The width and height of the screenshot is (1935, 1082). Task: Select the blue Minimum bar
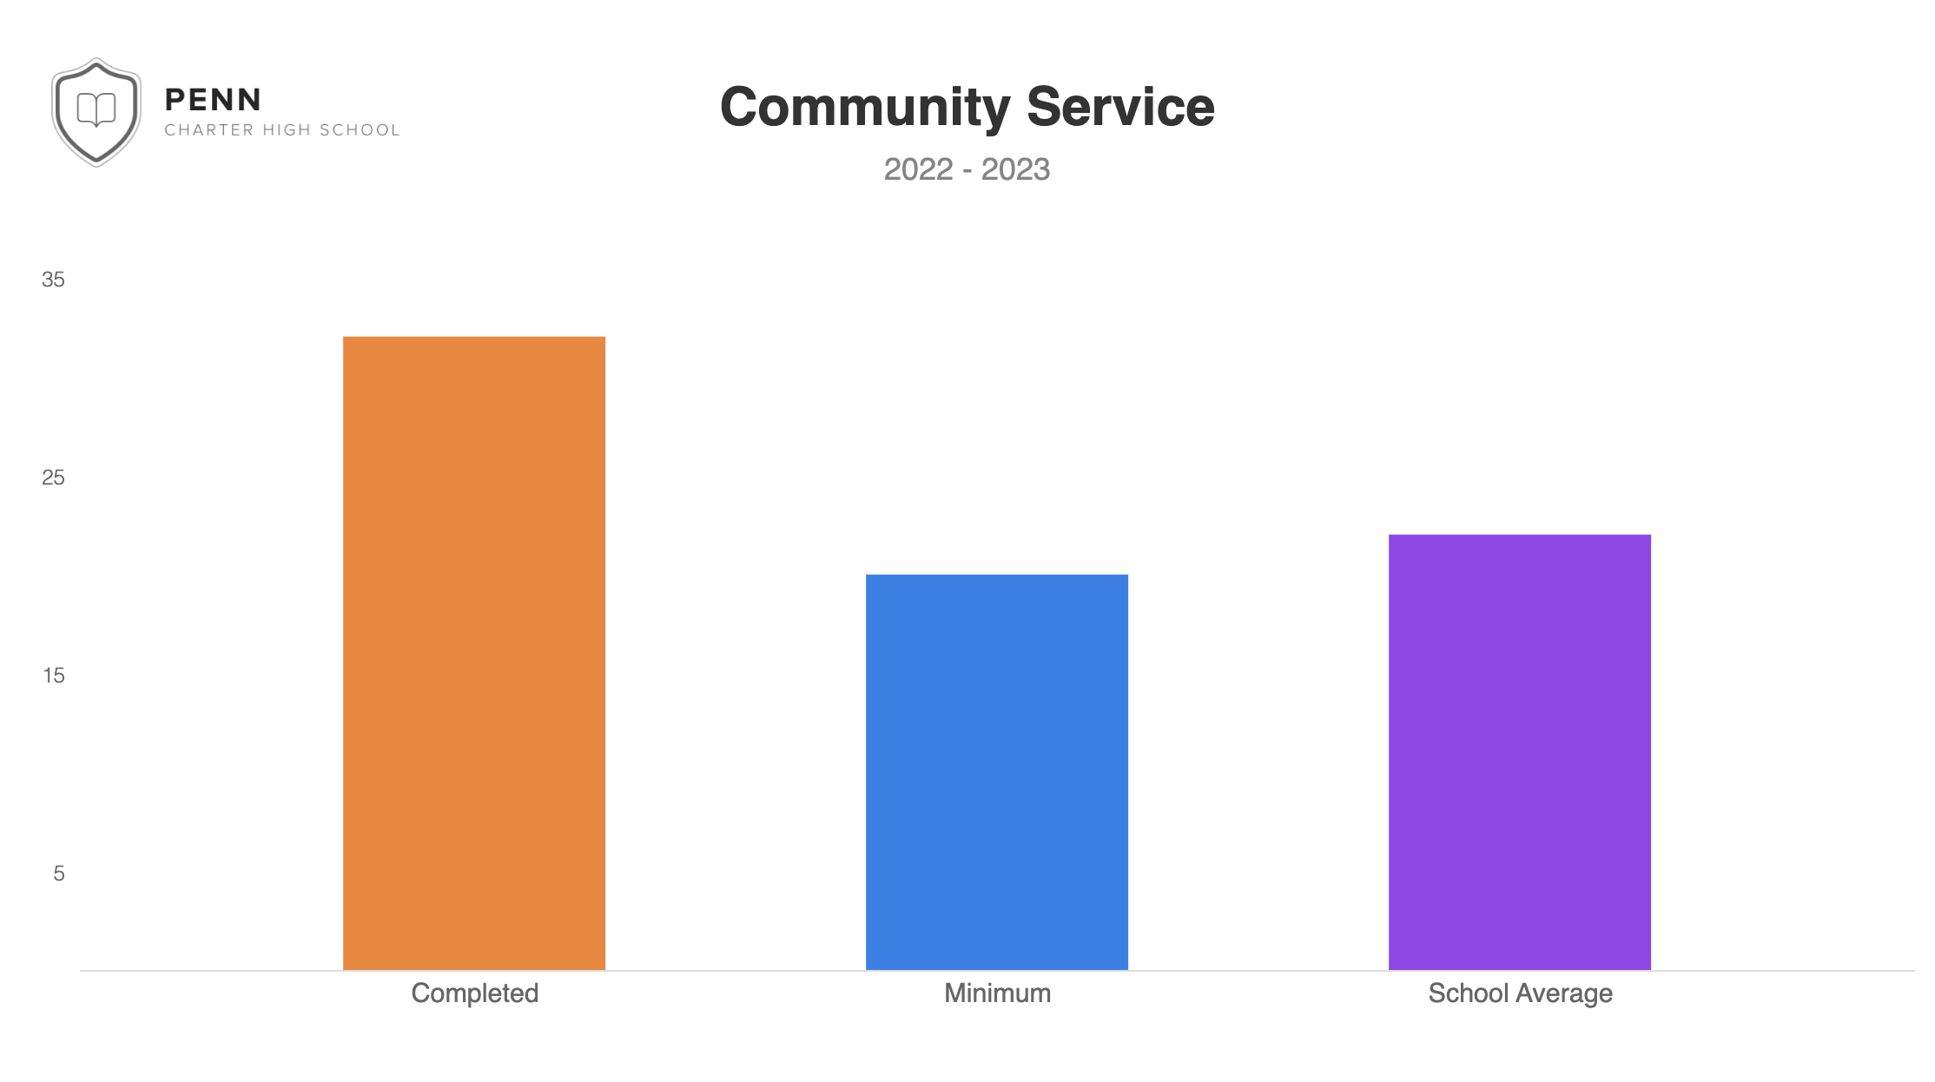tap(997, 772)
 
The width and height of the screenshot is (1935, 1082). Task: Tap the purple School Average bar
tap(1520, 752)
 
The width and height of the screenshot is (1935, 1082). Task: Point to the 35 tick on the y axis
tap(53, 280)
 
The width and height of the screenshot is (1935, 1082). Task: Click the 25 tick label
tap(53, 478)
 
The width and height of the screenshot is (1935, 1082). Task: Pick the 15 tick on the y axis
tap(53, 676)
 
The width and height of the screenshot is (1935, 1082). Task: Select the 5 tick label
tap(58, 874)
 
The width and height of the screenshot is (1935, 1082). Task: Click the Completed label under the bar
tap(474, 993)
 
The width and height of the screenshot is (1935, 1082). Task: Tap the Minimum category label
tap(997, 993)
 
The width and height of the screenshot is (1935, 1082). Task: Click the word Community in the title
tap(865, 108)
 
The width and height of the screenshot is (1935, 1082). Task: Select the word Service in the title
tap(1120, 108)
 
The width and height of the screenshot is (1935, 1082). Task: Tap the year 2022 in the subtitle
tap(918, 169)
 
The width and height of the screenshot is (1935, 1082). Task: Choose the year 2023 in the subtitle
tap(1015, 169)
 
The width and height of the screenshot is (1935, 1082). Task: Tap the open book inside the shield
tap(96, 109)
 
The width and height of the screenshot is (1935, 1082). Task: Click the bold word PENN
tap(213, 100)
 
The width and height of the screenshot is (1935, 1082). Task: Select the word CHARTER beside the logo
tap(209, 130)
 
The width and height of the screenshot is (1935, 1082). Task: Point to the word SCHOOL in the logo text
tap(360, 130)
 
